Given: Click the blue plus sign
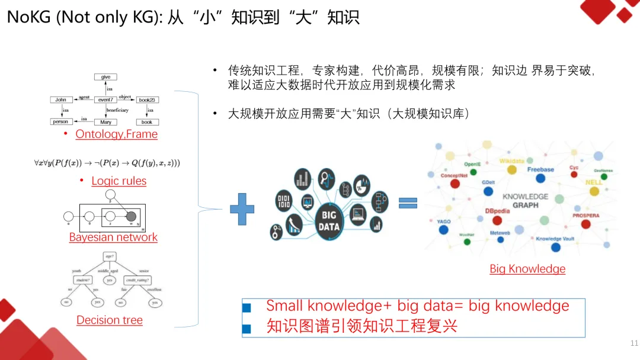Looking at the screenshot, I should click(242, 209).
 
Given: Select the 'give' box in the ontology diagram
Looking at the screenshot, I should click(106, 77).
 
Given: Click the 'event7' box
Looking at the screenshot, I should click(106, 99).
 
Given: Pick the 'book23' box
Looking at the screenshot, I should click(147, 99).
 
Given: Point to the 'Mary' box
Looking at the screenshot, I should click(105, 122).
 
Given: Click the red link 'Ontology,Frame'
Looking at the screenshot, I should click(116, 134).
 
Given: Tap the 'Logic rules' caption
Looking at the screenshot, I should click(119, 181).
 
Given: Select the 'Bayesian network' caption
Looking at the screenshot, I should click(113, 237).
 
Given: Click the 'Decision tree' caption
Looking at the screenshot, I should click(110, 320).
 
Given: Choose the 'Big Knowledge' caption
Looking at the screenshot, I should click(527, 269).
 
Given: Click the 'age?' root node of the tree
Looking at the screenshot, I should click(109, 256).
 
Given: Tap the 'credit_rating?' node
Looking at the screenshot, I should click(137, 279).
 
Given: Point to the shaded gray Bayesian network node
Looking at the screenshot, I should click(131, 216).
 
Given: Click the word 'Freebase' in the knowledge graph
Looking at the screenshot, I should click(540, 170).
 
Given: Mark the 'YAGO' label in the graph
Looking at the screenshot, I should click(444, 221).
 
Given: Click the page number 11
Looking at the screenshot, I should click(634, 343).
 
